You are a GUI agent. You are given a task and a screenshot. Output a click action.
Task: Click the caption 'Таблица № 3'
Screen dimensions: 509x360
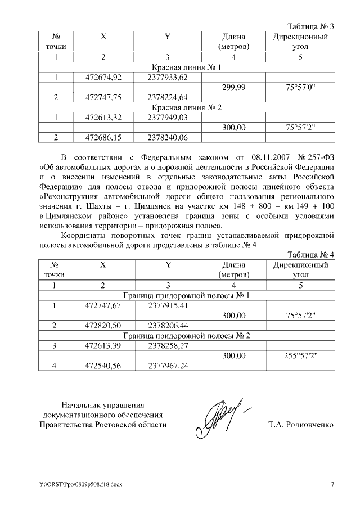tap(310, 26)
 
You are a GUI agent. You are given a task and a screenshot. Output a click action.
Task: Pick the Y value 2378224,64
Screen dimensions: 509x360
tap(167, 97)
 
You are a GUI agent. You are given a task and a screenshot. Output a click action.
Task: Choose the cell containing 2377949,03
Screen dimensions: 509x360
tap(167, 117)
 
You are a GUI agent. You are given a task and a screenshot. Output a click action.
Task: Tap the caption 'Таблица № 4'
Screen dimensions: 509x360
tap(310, 254)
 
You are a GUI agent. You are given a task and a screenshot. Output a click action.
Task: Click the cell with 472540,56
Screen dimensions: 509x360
tap(103, 366)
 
